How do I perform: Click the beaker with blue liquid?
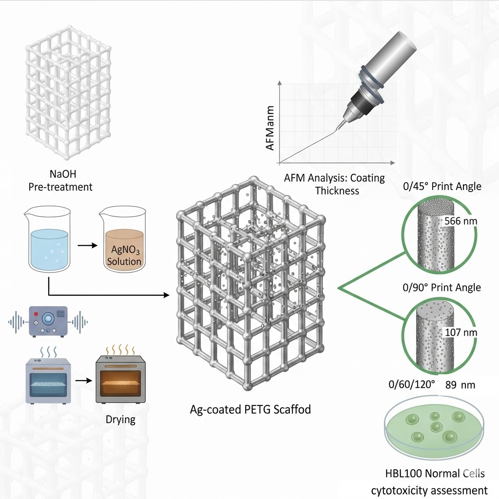(x=49, y=241)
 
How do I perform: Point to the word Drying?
(x=120, y=420)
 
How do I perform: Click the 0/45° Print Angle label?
(x=442, y=186)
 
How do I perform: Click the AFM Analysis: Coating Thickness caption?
(x=334, y=184)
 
